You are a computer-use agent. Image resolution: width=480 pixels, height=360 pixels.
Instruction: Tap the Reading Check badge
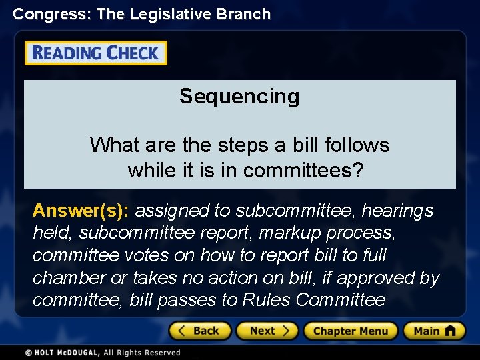point(96,53)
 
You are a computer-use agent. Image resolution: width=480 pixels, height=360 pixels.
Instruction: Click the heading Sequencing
point(239,97)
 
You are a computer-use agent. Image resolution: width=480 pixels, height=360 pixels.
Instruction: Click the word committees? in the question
point(303,171)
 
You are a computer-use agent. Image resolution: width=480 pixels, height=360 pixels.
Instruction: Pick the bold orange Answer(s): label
point(81,211)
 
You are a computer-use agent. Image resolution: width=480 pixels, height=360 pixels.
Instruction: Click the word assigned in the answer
point(172,211)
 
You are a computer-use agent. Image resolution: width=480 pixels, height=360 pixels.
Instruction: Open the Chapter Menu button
point(351,331)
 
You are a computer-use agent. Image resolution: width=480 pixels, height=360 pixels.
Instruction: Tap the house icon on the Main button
point(451,330)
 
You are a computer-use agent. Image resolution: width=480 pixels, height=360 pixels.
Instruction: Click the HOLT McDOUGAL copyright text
point(103,353)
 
